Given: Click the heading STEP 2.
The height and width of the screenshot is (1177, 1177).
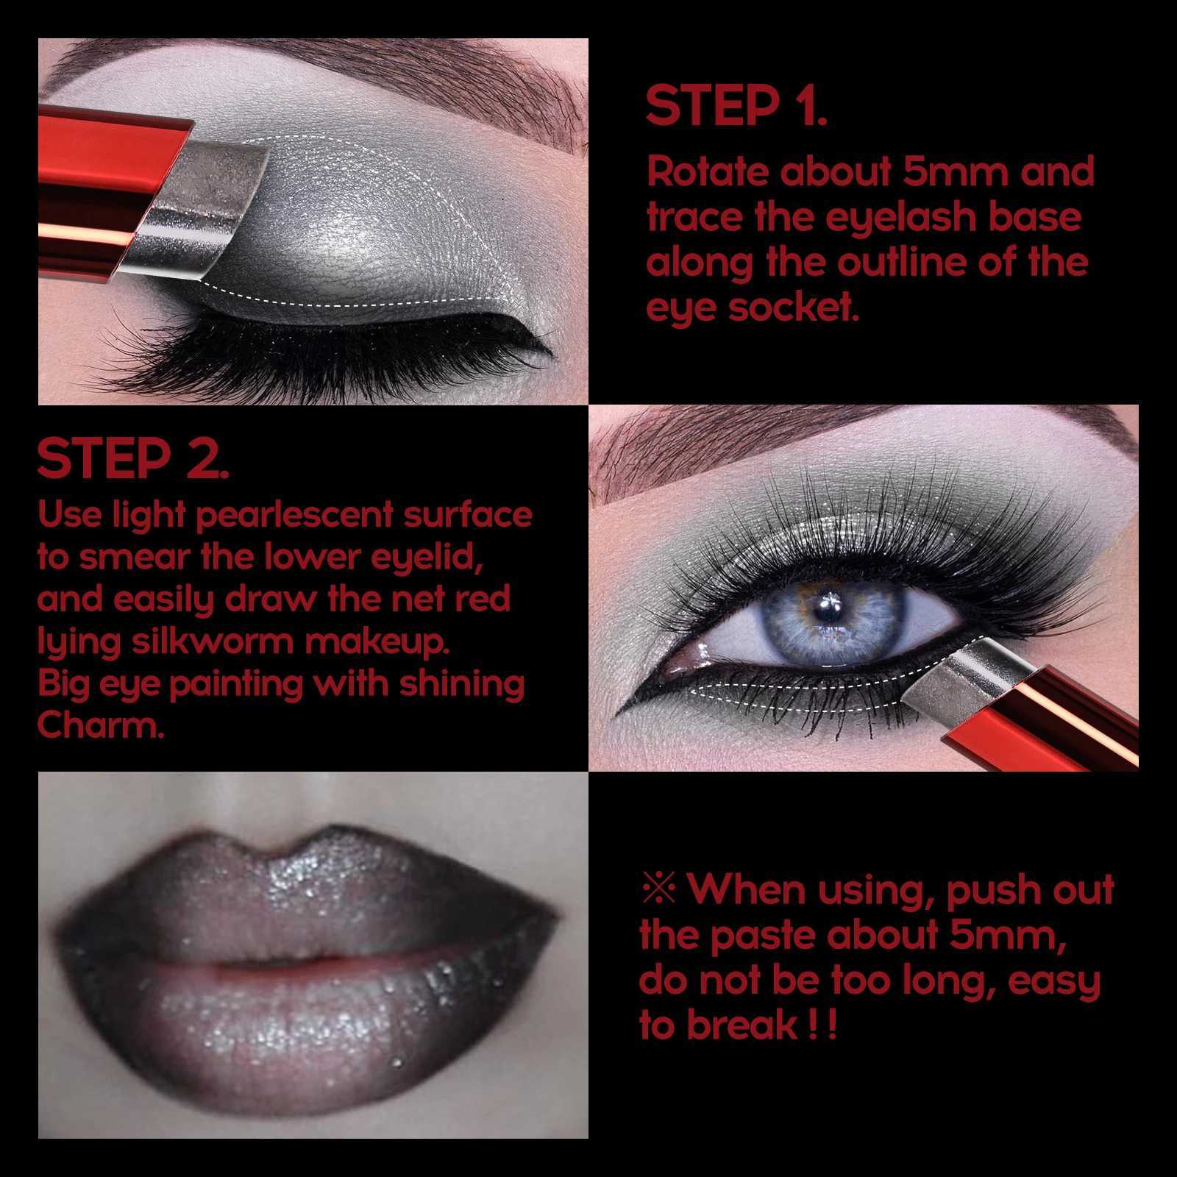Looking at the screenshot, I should tap(132, 459).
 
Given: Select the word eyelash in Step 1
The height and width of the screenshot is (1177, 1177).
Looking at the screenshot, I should tap(891, 218).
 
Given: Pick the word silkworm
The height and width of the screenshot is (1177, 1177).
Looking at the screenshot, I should tap(213, 641).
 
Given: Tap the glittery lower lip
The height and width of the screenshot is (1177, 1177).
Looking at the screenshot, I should tap(309, 1030).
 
